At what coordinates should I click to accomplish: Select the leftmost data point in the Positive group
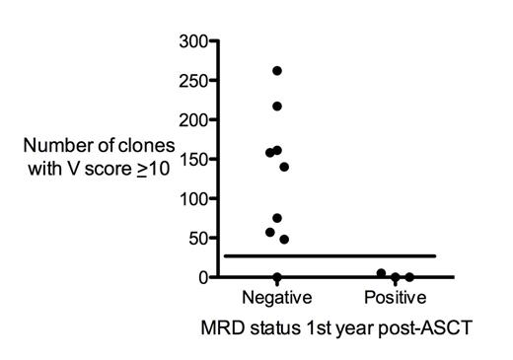(381, 273)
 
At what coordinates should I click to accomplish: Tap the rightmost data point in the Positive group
(409, 277)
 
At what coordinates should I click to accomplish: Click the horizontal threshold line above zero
(335, 256)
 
